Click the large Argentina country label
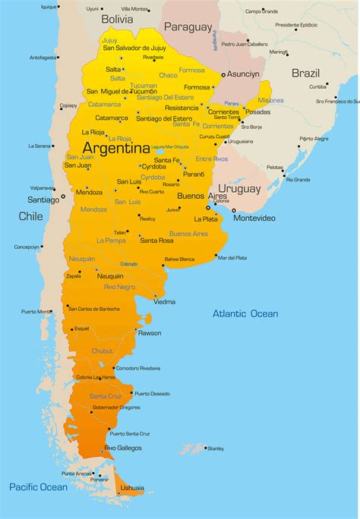pos(116,147)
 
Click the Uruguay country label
pos(239,188)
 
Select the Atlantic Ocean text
pos(245,313)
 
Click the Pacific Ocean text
pos(38,486)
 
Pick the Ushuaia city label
pos(132,488)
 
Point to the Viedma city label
pos(165,301)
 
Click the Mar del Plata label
pos(232,258)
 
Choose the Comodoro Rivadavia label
pos(138,368)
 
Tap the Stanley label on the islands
pos(216,448)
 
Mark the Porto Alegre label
pos(314,139)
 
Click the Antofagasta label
pos(43,57)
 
